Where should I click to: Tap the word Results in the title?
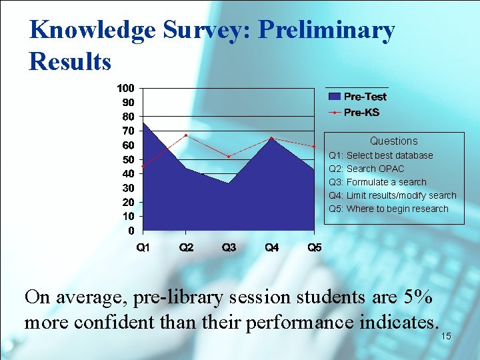pyautogui.click(x=70, y=61)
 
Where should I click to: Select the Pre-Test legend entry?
pyautogui.click(x=365, y=97)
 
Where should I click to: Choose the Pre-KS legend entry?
pyautogui.click(x=361, y=112)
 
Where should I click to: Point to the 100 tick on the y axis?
pyautogui.click(x=125, y=87)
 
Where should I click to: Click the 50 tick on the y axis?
pyautogui.click(x=127, y=159)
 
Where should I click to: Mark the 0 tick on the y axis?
pyautogui.click(x=131, y=231)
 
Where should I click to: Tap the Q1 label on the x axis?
pyautogui.click(x=143, y=248)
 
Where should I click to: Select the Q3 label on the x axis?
pyautogui.click(x=229, y=248)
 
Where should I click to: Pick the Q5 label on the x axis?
pyautogui.click(x=314, y=248)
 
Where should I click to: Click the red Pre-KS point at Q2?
pyautogui.click(x=186, y=135)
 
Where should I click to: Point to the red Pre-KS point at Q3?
pyautogui.click(x=229, y=157)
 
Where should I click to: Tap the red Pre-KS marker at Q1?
pyautogui.click(x=143, y=166)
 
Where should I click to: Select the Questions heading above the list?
pyautogui.click(x=393, y=141)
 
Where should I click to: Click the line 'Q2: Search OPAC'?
pyautogui.click(x=367, y=169)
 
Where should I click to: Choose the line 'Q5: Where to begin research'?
pyautogui.click(x=389, y=209)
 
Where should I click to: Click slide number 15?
pyautogui.click(x=446, y=337)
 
